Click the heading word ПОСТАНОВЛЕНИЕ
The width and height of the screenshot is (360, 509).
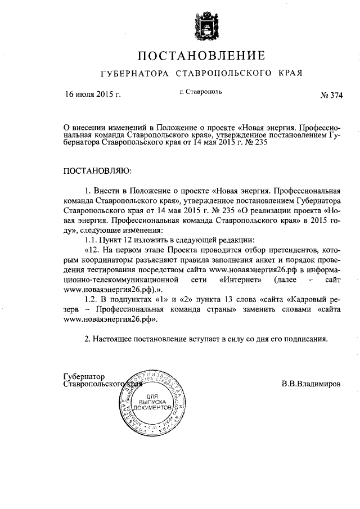click(x=202, y=56)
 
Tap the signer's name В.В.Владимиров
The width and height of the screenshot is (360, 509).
click(x=311, y=386)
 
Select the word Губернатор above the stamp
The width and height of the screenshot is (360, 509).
click(x=85, y=377)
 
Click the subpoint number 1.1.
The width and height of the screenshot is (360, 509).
click(x=90, y=240)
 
